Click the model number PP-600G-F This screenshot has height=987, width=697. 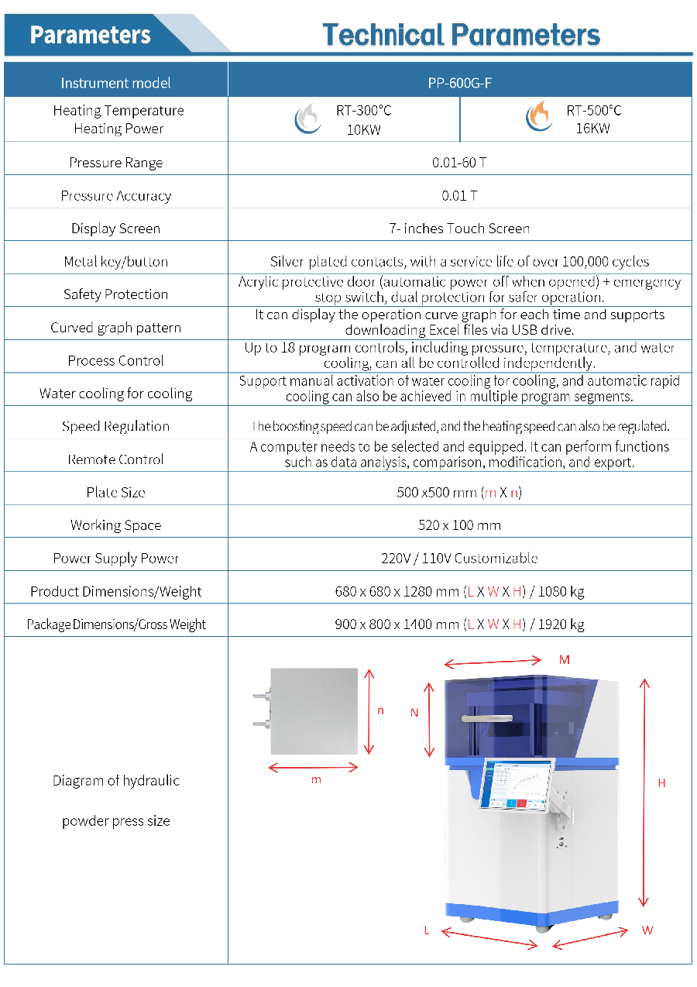click(459, 83)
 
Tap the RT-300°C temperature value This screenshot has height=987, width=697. click(363, 111)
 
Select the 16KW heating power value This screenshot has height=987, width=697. click(592, 129)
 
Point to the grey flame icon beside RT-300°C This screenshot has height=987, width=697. click(307, 119)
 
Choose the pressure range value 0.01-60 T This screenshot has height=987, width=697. click(459, 163)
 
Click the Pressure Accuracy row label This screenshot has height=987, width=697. click(116, 196)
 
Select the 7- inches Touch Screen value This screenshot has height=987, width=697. click(459, 229)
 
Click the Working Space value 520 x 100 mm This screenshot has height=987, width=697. click(459, 525)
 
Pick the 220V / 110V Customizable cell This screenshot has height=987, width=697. click(459, 559)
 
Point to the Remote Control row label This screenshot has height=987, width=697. click(116, 459)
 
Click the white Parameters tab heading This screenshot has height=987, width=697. click(91, 35)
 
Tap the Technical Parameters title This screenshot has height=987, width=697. click(461, 35)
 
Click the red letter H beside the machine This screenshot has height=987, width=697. click(661, 783)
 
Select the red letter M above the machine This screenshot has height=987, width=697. click(565, 660)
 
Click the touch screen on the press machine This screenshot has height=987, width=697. click(514, 784)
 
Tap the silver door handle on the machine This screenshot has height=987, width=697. click(487, 718)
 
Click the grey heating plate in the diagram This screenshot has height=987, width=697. click(314, 710)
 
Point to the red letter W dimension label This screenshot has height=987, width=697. click(647, 930)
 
